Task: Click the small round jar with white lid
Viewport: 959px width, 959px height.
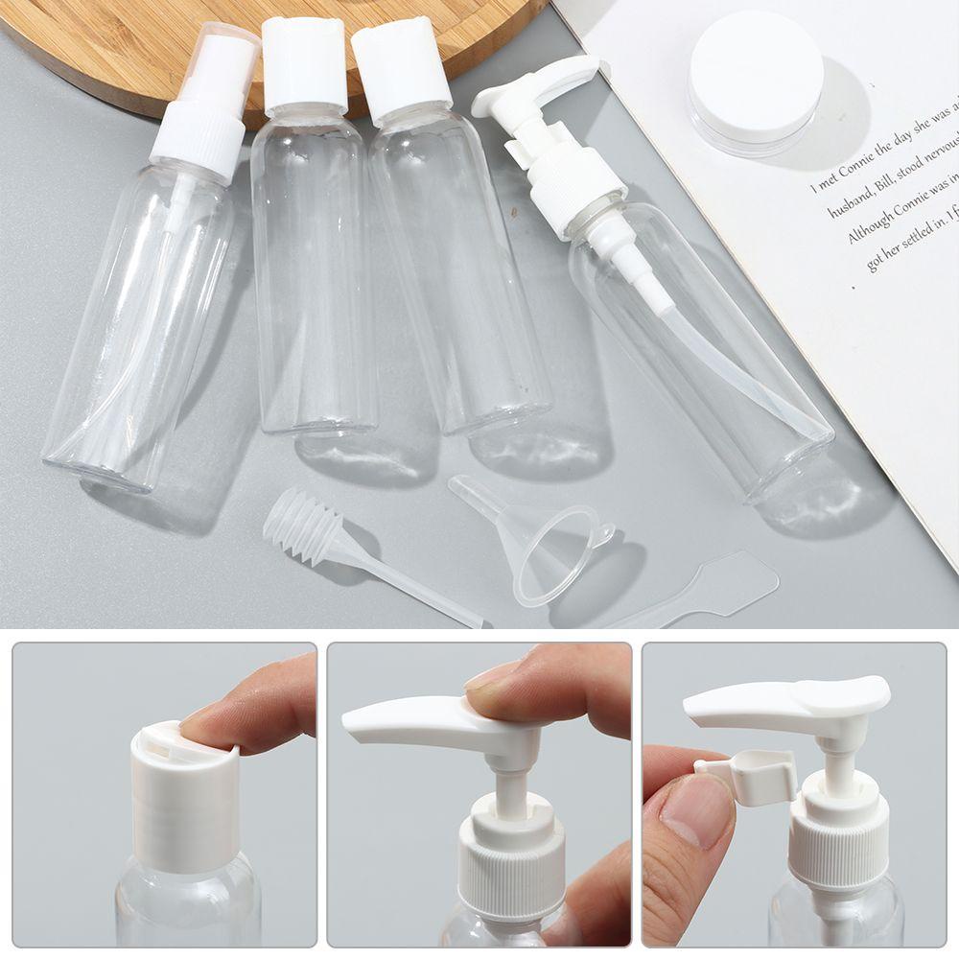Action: [755, 83]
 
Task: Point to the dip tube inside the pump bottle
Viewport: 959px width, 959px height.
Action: [729, 364]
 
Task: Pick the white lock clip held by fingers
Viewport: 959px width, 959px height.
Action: [753, 772]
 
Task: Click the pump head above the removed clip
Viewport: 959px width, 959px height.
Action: [786, 700]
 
